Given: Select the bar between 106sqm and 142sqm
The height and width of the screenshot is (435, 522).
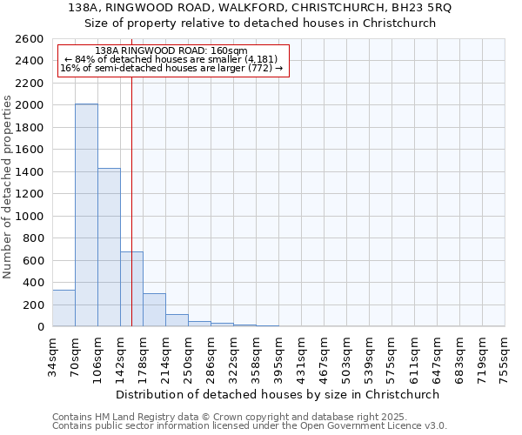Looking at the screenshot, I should pos(109,247).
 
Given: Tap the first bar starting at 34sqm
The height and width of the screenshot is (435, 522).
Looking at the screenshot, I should pos(64,308).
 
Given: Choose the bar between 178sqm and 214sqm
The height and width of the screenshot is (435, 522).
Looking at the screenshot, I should pos(154,310).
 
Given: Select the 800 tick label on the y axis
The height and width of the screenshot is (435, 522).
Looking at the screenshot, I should pos(36,238).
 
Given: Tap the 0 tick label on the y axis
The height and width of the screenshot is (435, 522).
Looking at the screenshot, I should pos(42,327).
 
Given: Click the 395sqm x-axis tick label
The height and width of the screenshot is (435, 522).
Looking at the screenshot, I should pos(278,356).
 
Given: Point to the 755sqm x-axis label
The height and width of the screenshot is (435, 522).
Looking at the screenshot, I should pos(505,356).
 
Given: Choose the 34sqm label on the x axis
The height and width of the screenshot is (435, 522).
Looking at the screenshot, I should pos(52,353).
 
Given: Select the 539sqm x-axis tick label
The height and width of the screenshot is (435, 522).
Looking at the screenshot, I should pos(369,356).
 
